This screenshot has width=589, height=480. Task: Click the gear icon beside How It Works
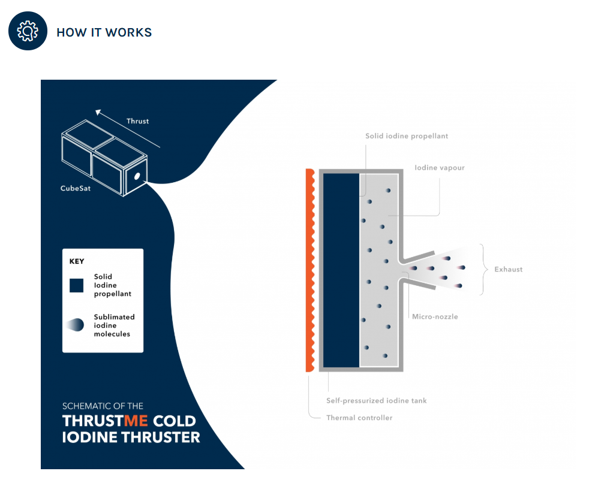click(x=28, y=31)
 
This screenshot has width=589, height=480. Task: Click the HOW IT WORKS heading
click(x=104, y=32)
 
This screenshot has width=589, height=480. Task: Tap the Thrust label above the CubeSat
click(x=137, y=121)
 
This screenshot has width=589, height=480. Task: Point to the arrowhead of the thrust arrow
click(x=98, y=112)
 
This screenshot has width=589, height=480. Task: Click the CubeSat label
click(x=76, y=188)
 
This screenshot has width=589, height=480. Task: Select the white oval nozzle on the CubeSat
click(x=137, y=176)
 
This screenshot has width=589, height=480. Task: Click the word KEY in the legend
click(x=77, y=261)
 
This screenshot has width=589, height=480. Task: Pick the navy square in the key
click(x=77, y=285)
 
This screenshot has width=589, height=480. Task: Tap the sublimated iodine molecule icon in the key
click(x=76, y=325)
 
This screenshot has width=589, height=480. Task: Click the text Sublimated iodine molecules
click(x=114, y=325)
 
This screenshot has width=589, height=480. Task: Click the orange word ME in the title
click(x=136, y=421)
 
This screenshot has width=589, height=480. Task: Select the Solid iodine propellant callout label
click(x=407, y=136)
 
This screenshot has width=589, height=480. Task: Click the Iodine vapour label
click(x=440, y=168)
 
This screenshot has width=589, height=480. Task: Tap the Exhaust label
click(x=508, y=270)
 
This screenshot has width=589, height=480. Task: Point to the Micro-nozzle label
click(x=435, y=317)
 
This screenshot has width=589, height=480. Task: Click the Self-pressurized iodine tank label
click(x=377, y=401)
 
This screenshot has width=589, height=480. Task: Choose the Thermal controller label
click(x=359, y=418)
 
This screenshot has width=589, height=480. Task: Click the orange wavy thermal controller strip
click(x=310, y=270)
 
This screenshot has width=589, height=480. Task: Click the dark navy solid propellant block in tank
click(x=341, y=270)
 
